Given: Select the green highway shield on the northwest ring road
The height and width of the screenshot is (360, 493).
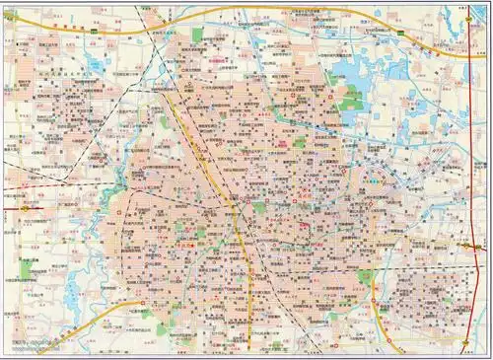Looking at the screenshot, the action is (92, 31).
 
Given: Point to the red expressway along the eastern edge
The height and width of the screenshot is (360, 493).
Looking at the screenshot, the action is (476, 197).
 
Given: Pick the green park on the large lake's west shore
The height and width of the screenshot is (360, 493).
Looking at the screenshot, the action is (350, 96).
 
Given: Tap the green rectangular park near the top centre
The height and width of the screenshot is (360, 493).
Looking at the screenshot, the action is (197, 36).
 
